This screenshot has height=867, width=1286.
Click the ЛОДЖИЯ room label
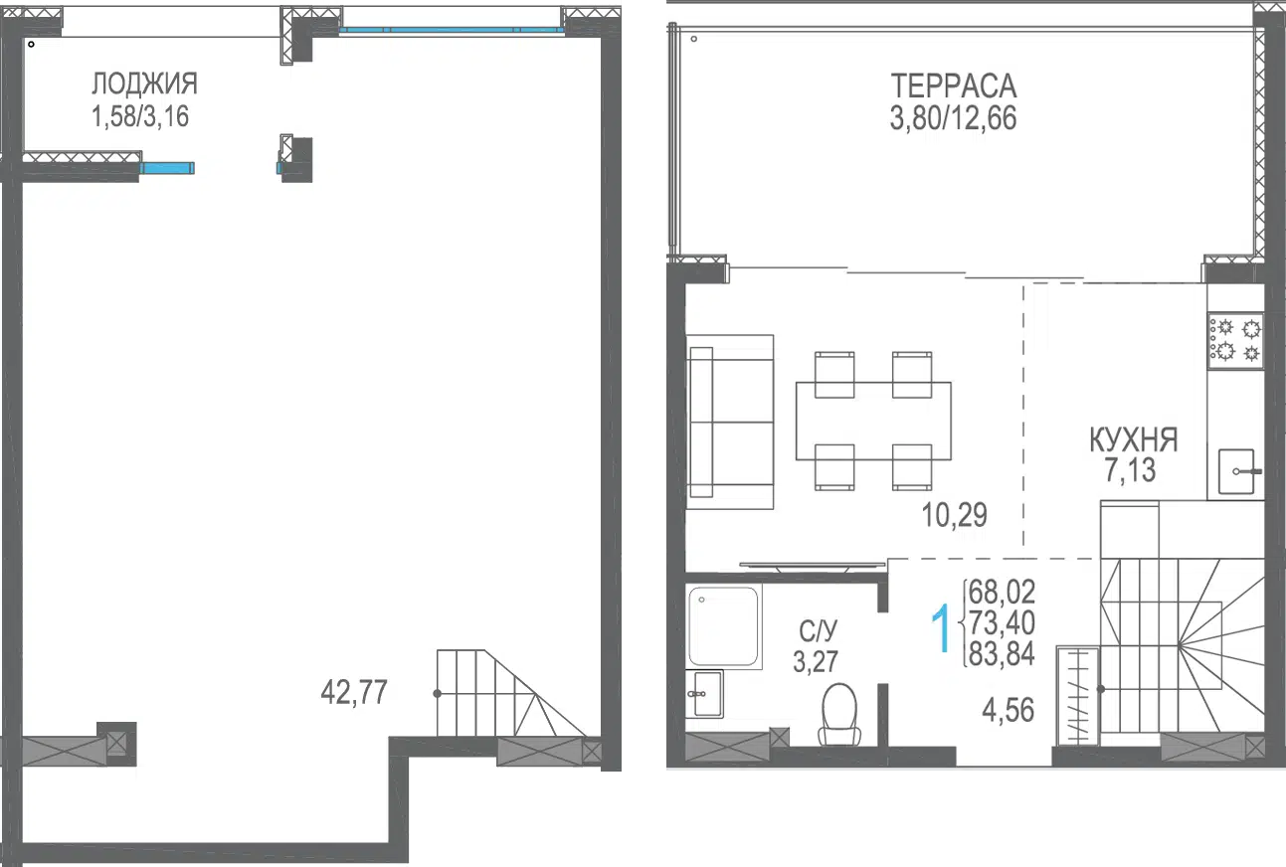(x=144, y=84)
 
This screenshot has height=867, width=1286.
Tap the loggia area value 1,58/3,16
(x=140, y=116)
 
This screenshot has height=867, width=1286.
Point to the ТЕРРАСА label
(x=954, y=87)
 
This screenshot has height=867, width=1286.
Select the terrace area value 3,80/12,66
(x=953, y=118)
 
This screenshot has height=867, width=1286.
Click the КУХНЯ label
(x=1133, y=440)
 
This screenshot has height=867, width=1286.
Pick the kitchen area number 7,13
(x=1130, y=470)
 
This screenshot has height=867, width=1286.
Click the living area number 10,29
(x=954, y=515)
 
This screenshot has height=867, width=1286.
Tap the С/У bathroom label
(x=818, y=631)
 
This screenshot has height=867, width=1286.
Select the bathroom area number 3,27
(x=816, y=661)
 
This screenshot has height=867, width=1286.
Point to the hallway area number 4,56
(x=1009, y=710)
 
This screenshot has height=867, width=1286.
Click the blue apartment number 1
(x=941, y=627)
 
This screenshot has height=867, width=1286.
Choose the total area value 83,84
(x=1002, y=653)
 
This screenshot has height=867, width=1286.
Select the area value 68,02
(x=1002, y=592)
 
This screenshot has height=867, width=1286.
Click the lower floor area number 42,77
(x=354, y=692)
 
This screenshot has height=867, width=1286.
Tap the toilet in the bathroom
(x=839, y=714)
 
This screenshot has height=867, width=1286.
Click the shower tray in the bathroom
(x=723, y=626)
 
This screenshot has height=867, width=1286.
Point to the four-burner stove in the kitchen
(x=1235, y=340)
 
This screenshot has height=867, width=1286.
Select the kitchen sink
(x=1237, y=471)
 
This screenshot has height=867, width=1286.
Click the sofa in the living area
(x=730, y=422)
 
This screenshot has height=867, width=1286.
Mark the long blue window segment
(x=451, y=30)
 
